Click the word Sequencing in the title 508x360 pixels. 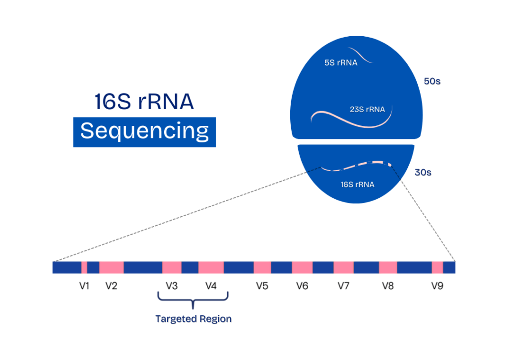point(144,132)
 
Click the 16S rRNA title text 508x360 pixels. point(144,102)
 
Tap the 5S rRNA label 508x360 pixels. point(341,63)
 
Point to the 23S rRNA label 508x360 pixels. point(367,110)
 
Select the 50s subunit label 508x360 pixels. point(432,81)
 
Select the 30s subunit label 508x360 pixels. point(423,173)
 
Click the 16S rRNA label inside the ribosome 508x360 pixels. point(357,184)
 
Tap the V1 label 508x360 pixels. point(85,286)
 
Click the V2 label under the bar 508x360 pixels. point(111,286)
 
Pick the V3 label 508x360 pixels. point(172,286)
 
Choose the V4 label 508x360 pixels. point(211,286)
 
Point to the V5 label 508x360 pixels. point(262,286)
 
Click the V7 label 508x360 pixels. point(343,286)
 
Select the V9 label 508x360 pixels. point(437,286)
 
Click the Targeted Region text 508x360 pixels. point(193,318)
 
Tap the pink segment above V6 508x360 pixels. point(302,268)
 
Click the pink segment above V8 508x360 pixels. point(388,268)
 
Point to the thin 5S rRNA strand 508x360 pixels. point(361,55)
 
